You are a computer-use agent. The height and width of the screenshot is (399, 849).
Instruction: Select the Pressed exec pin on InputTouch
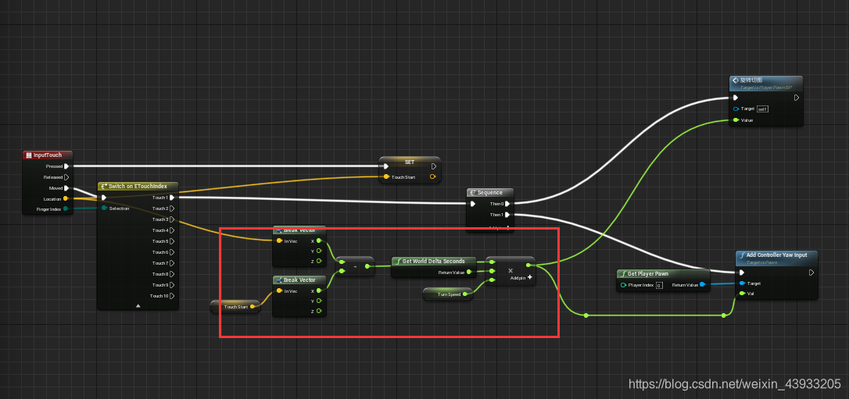(66, 166)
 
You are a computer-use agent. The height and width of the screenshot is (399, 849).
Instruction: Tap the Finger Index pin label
(48, 209)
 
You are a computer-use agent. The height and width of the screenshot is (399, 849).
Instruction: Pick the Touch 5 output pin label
(159, 241)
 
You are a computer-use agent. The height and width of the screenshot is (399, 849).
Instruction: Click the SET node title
(409, 162)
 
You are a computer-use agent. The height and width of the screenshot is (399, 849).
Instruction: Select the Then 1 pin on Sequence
(507, 215)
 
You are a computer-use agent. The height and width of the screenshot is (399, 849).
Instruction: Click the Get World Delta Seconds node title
(433, 261)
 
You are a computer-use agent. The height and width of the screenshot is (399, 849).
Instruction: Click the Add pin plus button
(529, 277)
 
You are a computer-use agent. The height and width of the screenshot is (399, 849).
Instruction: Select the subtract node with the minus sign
(355, 267)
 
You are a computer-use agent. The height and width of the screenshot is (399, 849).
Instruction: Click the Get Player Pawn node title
(647, 274)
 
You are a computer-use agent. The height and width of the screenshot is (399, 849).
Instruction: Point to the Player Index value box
(659, 285)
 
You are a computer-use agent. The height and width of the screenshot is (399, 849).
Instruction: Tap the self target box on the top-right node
(763, 109)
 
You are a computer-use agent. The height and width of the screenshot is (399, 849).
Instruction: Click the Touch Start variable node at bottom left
(235, 307)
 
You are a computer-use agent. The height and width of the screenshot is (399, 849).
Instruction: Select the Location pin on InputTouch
(66, 199)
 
